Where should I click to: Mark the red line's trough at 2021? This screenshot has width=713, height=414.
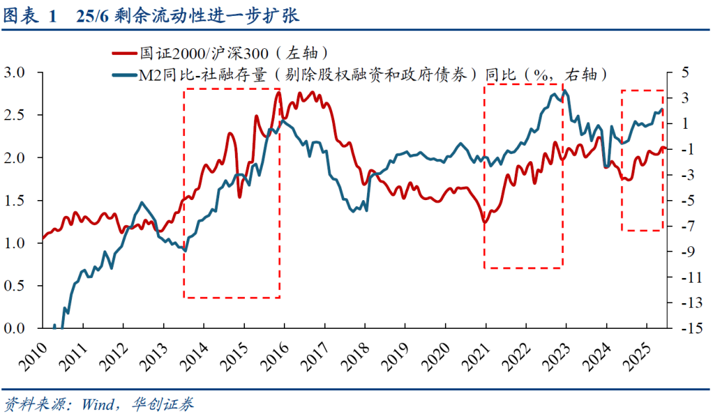485,223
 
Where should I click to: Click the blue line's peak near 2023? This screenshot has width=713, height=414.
566,92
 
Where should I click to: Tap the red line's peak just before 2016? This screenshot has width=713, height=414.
279,92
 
